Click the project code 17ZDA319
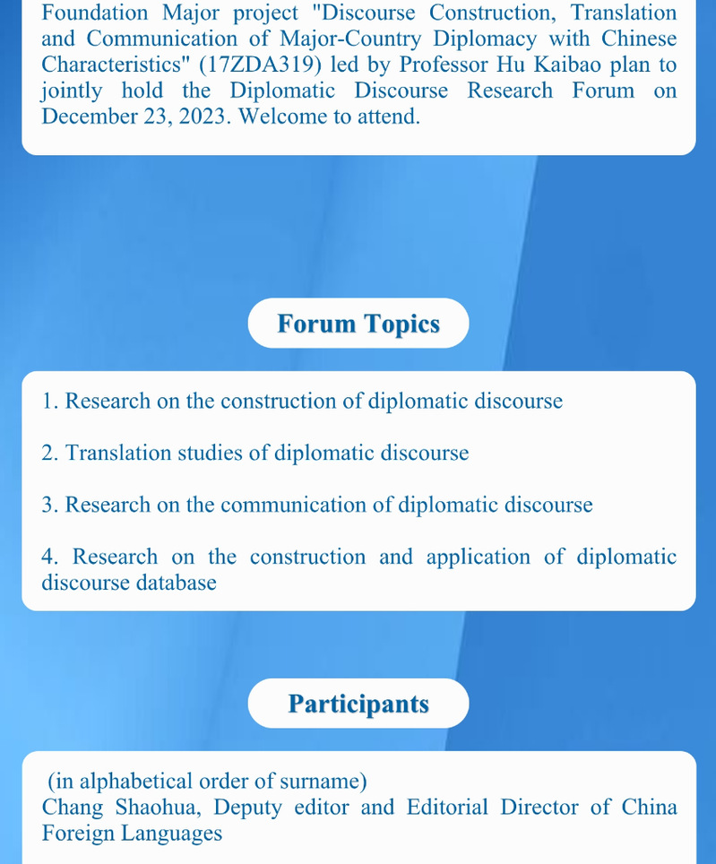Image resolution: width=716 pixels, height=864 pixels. tap(260, 65)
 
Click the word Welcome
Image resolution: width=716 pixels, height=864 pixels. tap(280, 117)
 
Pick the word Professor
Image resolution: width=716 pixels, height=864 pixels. tap(444, 65)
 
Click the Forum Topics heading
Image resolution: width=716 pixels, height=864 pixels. tap(358, 324)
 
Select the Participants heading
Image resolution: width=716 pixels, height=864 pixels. tap(358, 704)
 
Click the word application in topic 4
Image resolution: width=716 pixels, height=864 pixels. tap(478, 557)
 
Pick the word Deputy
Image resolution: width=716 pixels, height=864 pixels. tap(247, 808)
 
